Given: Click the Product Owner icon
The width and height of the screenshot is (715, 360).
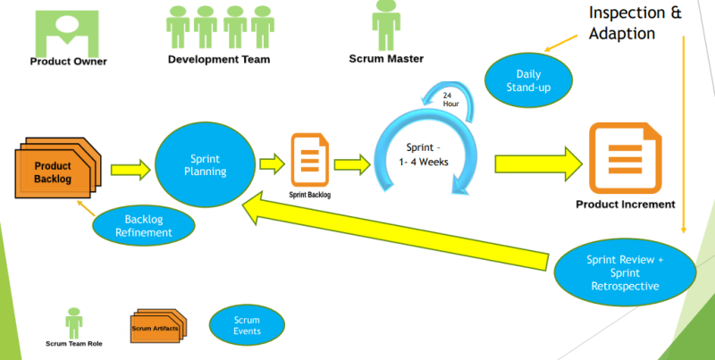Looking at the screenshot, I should click(x=66, y=30).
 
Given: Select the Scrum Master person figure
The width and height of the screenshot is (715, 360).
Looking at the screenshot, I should click(x=386, y=24).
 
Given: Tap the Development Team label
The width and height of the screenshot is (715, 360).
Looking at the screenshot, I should click(x=219, y=60).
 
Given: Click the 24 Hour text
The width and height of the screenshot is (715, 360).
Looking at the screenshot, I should click(x=451, y=98).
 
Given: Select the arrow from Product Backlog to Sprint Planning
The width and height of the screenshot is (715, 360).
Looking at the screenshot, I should click(x=129, y=167).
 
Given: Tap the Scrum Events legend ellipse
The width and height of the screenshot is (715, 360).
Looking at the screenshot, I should click(x=247, y=325).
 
